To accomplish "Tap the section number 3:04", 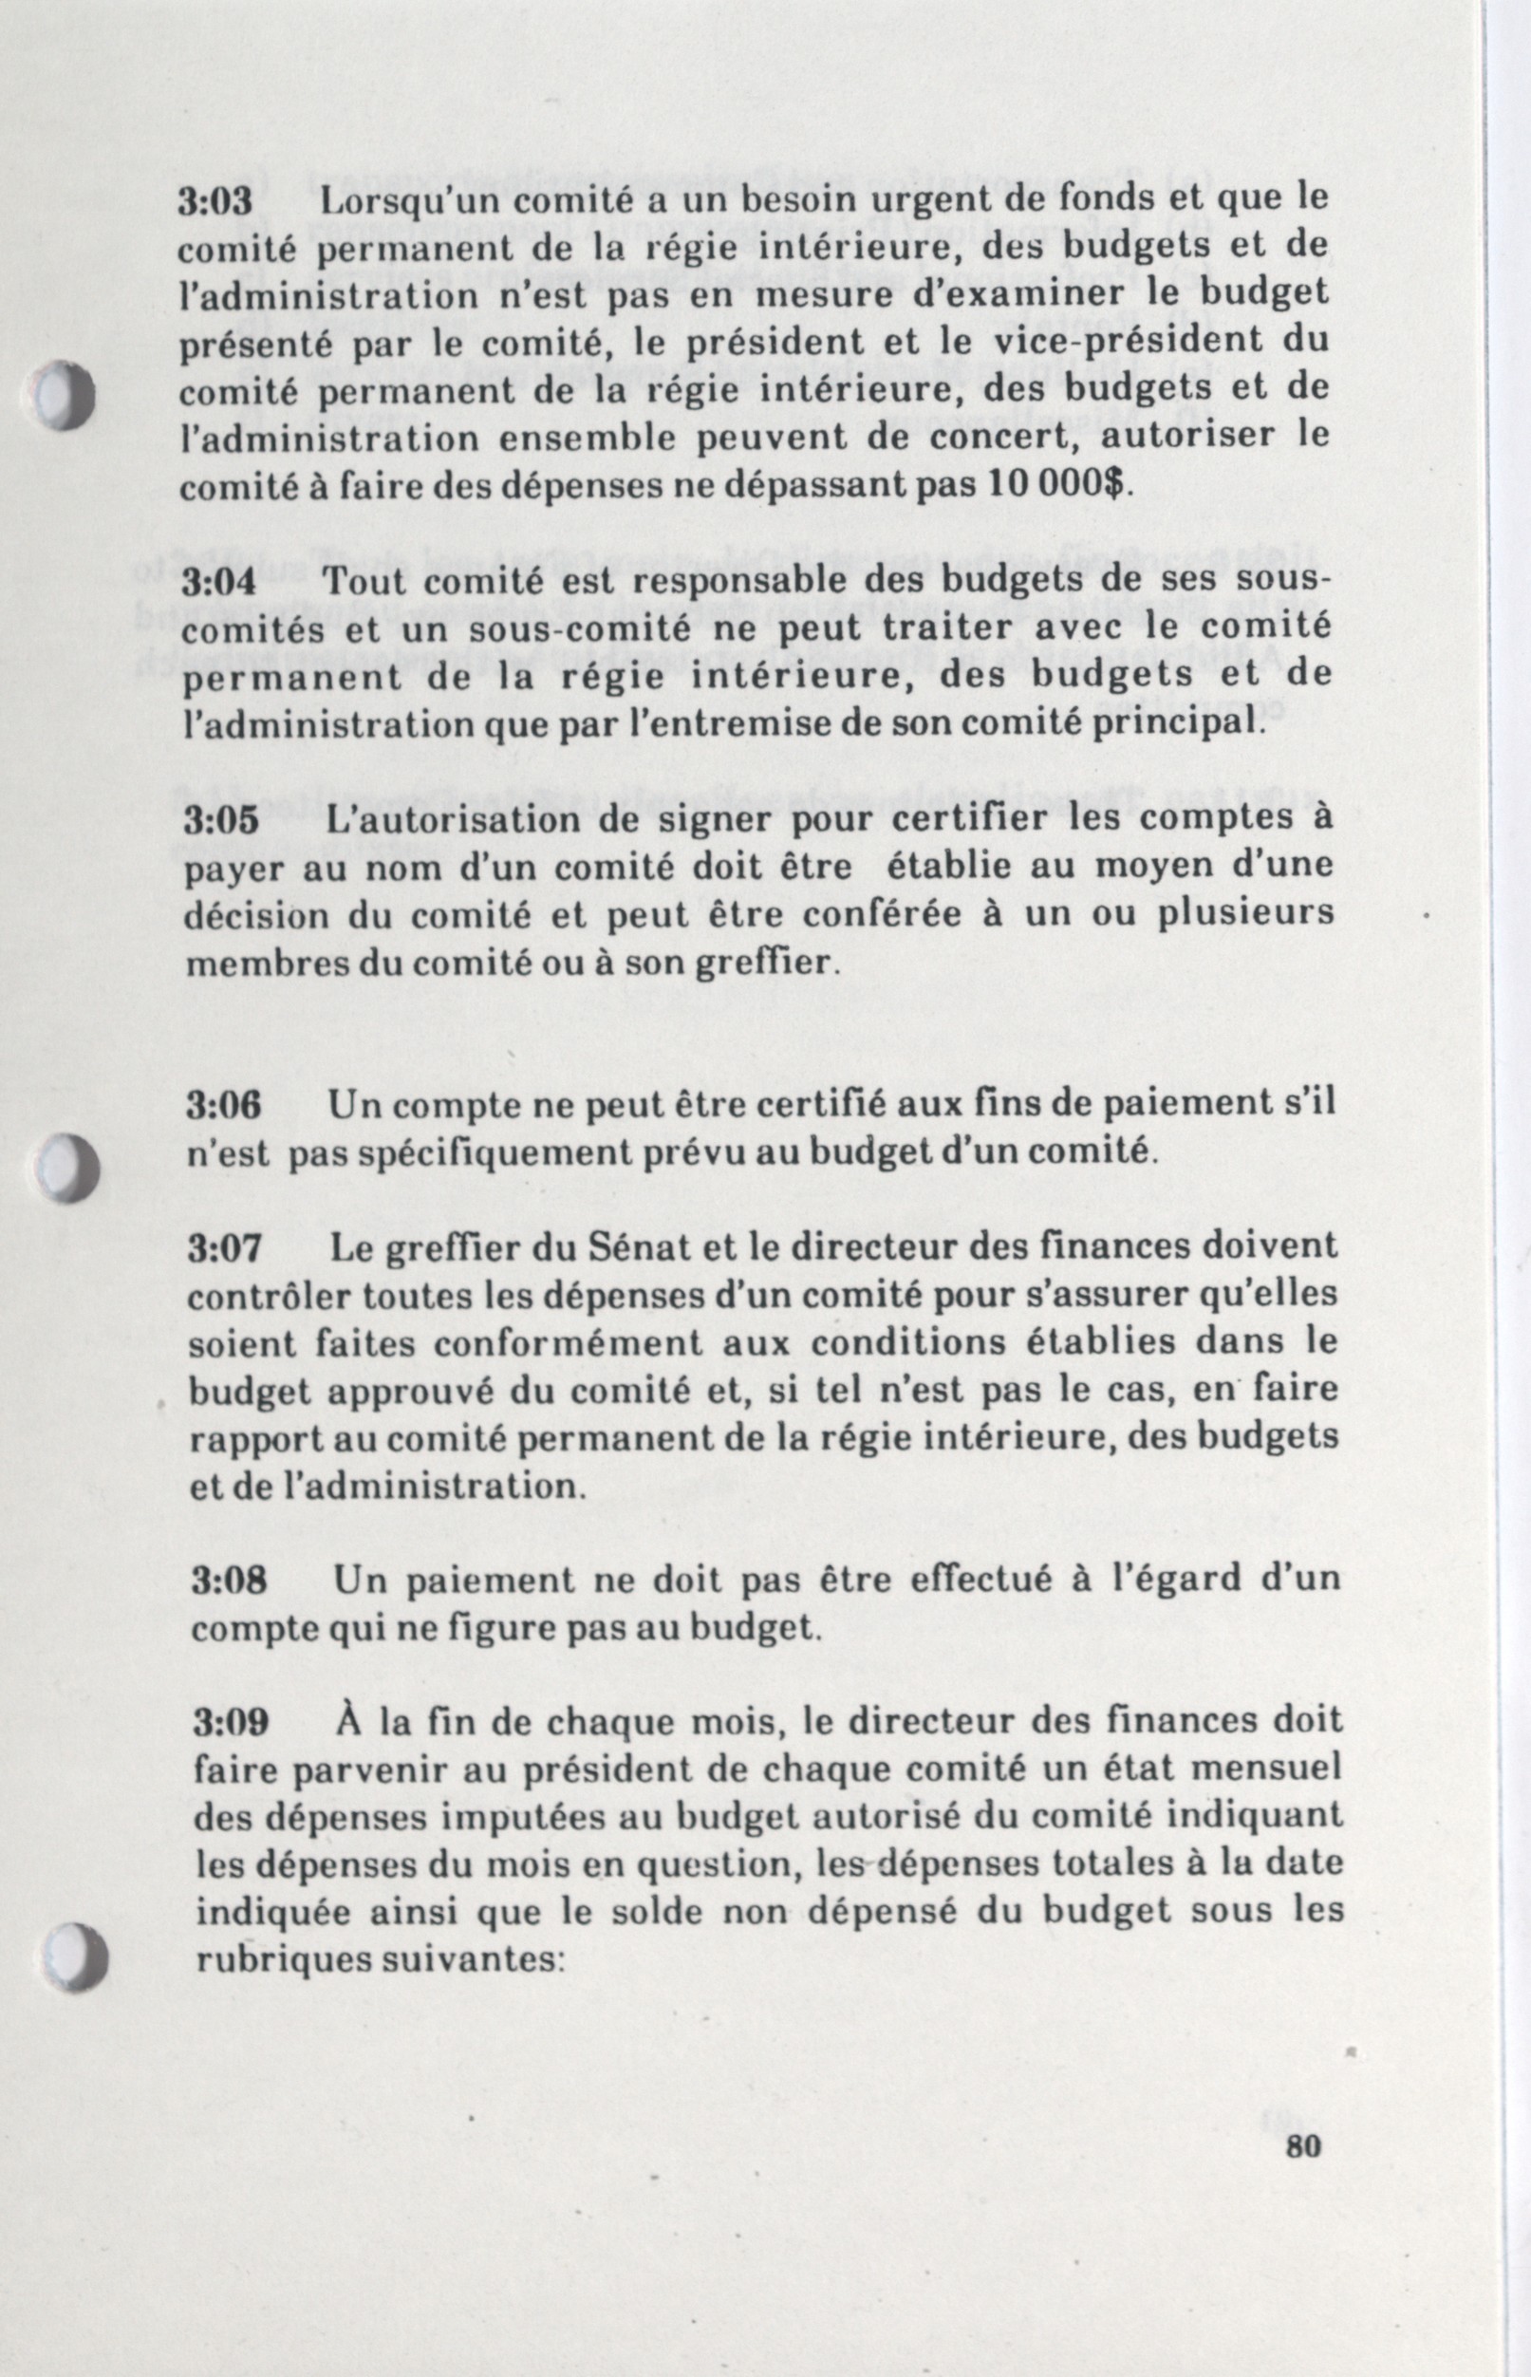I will [218, 583].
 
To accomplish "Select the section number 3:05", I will [221, 822].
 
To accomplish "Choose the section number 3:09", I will [231, 1724].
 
